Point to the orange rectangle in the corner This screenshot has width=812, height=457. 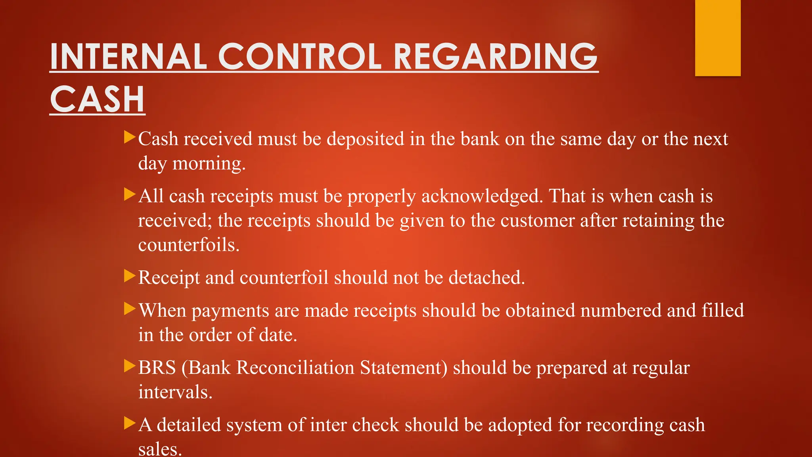coord(718,38)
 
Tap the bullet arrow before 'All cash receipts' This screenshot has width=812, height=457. coord(130,194)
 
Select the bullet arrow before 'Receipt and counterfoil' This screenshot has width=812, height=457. coord(130,276)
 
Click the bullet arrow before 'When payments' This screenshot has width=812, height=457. coord(130,309)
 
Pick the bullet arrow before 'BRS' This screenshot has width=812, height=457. coord(130,366)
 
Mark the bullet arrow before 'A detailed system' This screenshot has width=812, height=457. coord(130,423)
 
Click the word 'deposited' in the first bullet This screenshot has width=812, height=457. coord(365,139)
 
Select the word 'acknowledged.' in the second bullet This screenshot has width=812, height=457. coord(482,196)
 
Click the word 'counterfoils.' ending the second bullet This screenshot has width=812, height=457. coord(189,245)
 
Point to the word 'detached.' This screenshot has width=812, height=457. coord(486,278)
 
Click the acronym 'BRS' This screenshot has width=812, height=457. coord(157,368)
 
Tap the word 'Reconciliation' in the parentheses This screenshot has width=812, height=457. coord(295,368)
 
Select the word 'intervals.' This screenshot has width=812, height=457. coord(175,392)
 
